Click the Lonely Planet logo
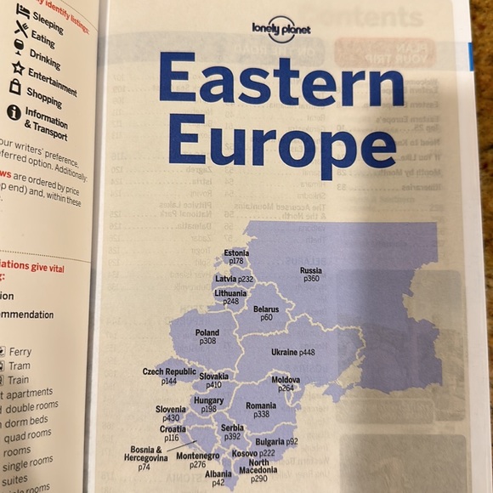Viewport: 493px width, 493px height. [x=281, y=31]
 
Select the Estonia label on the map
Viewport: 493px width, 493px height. [x=236, y=258]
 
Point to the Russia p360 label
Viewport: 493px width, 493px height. [x=310, y=275]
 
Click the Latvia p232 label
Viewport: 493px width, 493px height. [x=235, y=279]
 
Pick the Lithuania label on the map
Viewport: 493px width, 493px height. [x=230, y=297]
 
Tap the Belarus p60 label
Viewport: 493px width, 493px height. [x=266, y=314]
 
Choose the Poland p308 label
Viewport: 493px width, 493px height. [x=207, y=337]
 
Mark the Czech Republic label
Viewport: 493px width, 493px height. [x=168, y=377]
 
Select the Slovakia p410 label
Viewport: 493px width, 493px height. [x=214, y=380]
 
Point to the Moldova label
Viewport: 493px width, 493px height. [x=286, y=383]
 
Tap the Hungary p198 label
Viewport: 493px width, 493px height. [x=208, y=405]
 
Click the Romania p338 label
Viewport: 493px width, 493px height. [x=261, y=410]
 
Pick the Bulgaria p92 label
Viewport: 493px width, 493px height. [x=277, y=442]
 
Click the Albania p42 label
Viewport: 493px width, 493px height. [x=218, y=479]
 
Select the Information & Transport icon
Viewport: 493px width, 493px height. [x=14, y=111]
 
